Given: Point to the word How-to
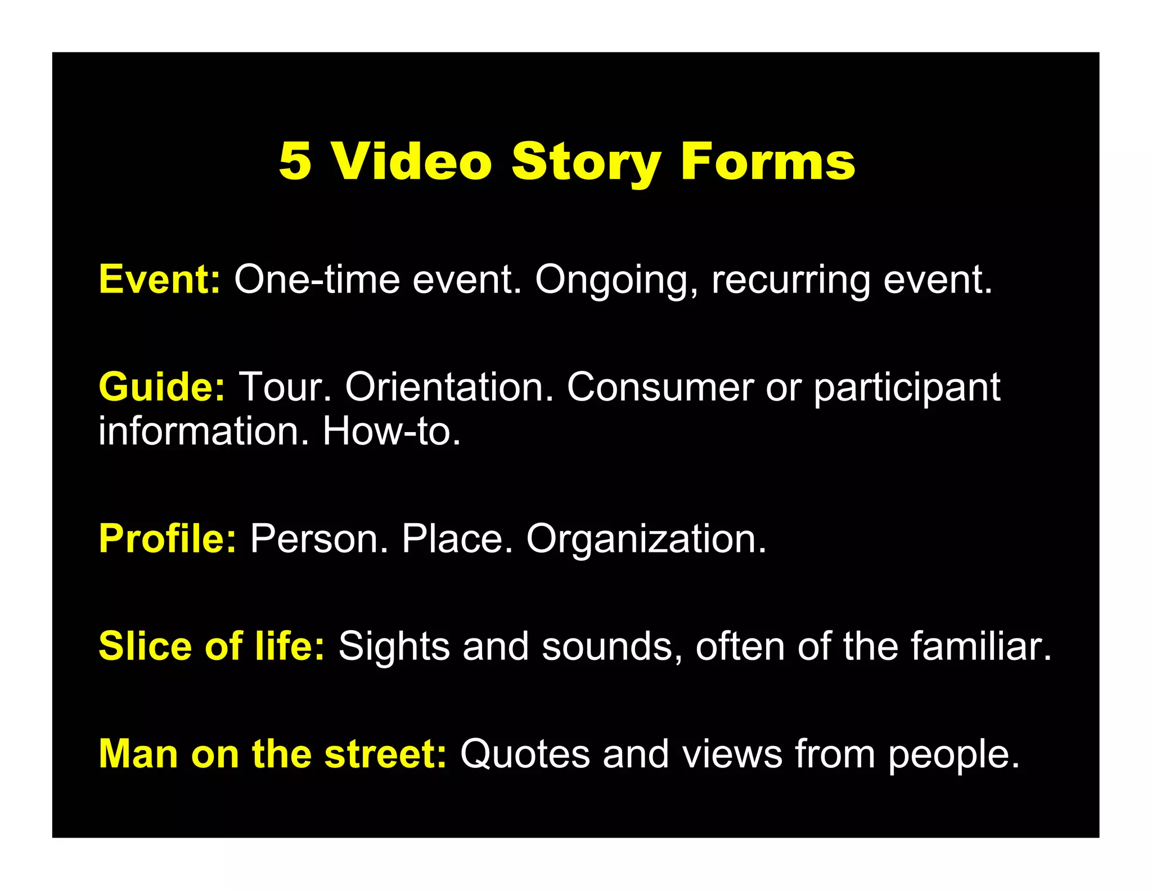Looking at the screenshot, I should (x=391, y=431).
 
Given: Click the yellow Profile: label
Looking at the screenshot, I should (x=168, y=538).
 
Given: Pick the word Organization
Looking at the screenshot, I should (x=646, y=538).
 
